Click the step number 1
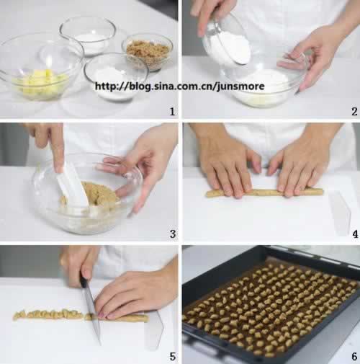click(x=172, y=112)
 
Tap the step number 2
click(x=354, y=112)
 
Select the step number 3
click(x=173, y=234)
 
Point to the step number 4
click(x=355, y=234)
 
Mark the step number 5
click(x=173, y=357)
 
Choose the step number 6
click(x=354, y=357)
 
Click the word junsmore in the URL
click(x=240, y=86)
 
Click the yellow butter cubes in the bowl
click(x=42, y=83)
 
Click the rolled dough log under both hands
click(x=264, y=192)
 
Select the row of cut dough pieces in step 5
click(x=49, y=314)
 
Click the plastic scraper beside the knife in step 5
click(x=154, y=329)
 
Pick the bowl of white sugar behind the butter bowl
click(x=88, y=36)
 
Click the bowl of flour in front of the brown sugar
click(x=117, y=78)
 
